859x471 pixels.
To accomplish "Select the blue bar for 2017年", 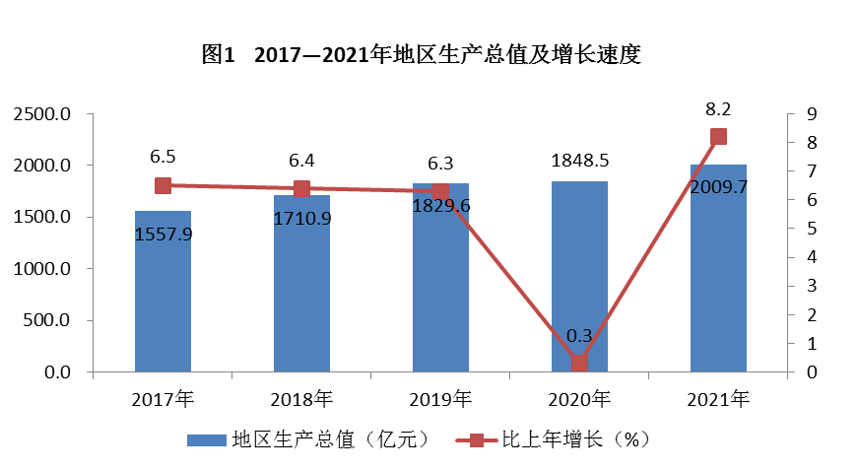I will (163, 296).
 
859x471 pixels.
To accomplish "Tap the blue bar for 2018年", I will (301, 296).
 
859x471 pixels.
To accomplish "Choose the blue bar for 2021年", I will (718, 286).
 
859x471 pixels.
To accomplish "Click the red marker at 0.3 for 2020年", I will (579, 363).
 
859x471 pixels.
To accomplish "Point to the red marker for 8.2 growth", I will (718, 137).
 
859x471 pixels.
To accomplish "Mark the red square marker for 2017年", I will (163, 185).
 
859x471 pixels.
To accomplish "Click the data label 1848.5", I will (579, 159).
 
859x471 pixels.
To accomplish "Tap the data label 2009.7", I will (718, 186).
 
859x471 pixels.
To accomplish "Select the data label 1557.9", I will (163, 234).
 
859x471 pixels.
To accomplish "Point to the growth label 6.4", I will (301, 160).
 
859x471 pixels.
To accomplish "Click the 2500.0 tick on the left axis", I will (42, 114).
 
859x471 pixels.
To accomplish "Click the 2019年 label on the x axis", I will (440, 399).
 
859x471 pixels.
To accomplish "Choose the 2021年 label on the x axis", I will (718, 399).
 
